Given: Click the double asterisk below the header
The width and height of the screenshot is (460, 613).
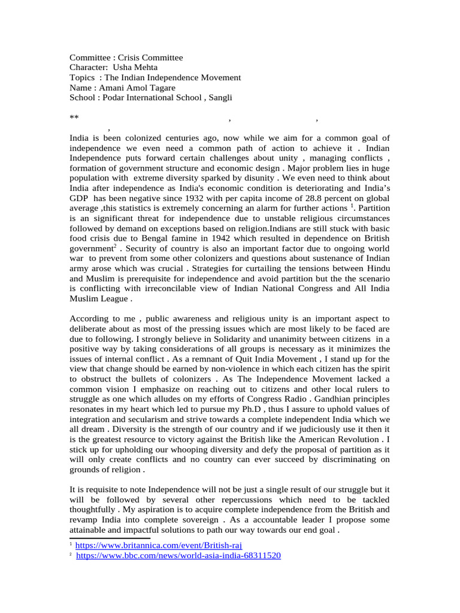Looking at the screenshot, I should click(x=74, y=118).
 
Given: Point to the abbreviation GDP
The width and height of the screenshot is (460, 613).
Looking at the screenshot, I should click(x=79, y=198).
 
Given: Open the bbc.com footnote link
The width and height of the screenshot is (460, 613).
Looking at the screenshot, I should click(x=178, y=556).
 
